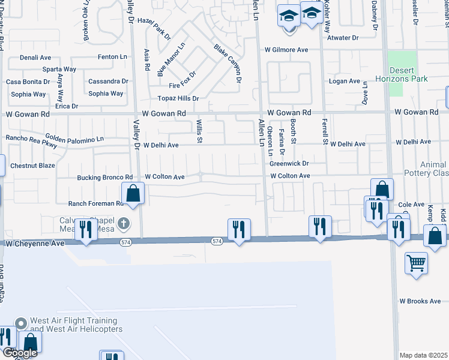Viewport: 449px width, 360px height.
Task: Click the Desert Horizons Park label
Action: pos(410,74)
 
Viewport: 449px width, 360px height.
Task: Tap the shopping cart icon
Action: pos(416,262)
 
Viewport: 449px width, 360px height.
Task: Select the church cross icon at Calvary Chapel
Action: pos(124,224)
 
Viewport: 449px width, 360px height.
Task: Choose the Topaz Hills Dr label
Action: pos(178,98)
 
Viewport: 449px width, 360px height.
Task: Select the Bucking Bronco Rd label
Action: pos(104,178)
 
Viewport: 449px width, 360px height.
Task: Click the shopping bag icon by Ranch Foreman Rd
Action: pos(133,193)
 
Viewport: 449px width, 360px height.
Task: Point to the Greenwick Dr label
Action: pos(289,163)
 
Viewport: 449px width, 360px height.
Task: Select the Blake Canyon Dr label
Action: pos(228,63)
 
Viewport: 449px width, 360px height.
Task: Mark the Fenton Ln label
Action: pos(113,57)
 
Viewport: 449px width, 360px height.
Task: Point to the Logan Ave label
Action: pos(344,81)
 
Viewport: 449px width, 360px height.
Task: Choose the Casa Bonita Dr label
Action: pos(27,82)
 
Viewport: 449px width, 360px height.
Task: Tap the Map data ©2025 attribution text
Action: pos(423,355)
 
